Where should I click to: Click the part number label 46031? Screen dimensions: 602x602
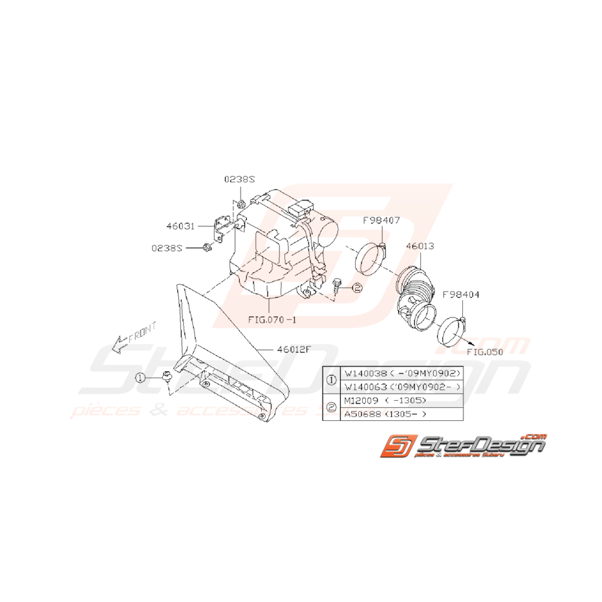(x=178, y=226)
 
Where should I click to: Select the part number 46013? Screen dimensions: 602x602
(x=420, y=246)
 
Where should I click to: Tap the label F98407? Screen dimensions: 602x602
(x=382, y=220)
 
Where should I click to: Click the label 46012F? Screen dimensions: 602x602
(x=295, y=349)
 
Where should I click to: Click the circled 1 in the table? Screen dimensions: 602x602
(x=332, y=380)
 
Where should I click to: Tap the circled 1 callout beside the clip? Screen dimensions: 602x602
(x=139, y=377)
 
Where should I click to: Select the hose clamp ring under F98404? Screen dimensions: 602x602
(x=452, y=332)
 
